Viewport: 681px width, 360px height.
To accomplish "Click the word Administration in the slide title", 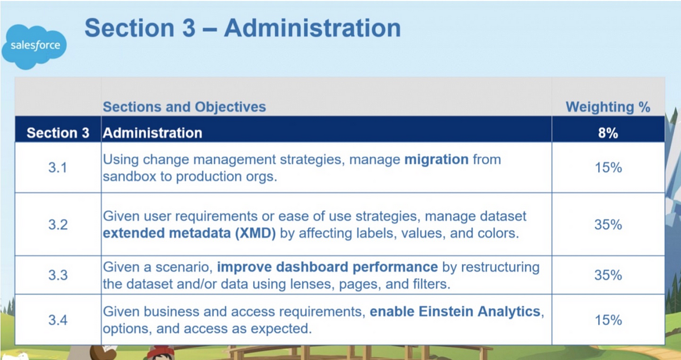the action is pos(313,28).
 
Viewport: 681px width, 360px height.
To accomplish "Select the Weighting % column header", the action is pos(608,107).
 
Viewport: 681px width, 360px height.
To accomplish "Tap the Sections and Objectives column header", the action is pos(184,107).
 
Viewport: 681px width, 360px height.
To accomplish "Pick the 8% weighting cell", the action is pos(608,133).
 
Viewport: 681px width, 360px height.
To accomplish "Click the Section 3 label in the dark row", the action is pos(58,133).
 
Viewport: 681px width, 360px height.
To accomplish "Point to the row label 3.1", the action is pos(57,168).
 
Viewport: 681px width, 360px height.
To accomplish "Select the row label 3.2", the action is pos(58,225).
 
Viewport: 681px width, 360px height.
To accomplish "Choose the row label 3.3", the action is pos(58,275).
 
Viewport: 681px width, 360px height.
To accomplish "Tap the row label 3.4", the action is pos(58,320).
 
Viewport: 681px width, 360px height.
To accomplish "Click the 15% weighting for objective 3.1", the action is pos(608,168).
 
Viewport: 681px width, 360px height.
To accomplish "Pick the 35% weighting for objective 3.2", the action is pos(608,225).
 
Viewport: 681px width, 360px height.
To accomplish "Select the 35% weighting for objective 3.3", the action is pos(608,275).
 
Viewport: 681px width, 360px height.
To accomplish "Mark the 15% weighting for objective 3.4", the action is pos(608,320).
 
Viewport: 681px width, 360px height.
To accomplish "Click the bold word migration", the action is pos(436,160).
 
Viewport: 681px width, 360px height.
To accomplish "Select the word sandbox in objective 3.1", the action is pos(129,177).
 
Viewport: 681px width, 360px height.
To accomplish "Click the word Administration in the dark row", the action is pos(152,133).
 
